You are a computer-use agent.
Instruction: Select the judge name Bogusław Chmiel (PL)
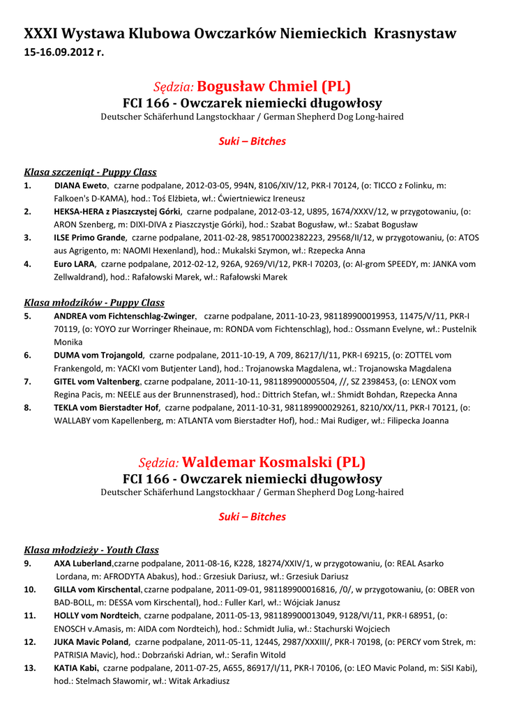274,86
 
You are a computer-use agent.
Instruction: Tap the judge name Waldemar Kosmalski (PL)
273,462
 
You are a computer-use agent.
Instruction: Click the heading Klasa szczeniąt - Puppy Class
90,172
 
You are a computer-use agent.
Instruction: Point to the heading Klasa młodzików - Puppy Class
94,303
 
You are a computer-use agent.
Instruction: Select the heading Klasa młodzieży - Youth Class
91,550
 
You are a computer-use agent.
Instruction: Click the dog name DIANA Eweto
80,185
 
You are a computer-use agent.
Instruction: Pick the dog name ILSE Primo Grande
89,237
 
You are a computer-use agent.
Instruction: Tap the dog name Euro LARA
74,264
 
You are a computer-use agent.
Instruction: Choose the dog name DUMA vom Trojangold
98,355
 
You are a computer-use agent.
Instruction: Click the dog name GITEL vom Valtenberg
97,381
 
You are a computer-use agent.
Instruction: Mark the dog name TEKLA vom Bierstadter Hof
107,407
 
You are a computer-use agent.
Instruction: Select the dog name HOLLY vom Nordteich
96,616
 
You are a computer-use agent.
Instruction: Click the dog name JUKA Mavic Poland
91,641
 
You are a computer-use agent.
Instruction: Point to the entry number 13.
30,667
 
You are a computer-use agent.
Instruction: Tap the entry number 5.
27,316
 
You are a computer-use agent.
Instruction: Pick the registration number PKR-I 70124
333,185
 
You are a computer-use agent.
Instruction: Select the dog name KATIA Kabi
76,667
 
